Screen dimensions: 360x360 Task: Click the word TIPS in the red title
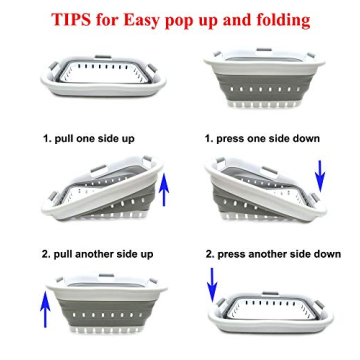click(71, 20)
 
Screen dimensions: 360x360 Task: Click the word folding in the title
click(278, 21)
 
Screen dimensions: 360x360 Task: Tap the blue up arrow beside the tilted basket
click(164, 191)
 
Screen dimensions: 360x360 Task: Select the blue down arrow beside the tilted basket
click(320, 176)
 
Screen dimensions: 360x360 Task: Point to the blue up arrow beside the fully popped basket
click(45, 309)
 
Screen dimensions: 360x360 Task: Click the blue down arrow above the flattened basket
click(212, 283)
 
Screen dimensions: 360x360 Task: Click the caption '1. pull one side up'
click(89, 139)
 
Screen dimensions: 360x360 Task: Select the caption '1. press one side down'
click(262, 139)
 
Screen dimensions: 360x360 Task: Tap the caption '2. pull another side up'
click(98, 254)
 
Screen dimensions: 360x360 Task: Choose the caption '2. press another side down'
click(273, 254)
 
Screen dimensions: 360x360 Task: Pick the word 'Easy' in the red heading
click(141, 21)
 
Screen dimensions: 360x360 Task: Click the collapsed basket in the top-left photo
click(103, 76)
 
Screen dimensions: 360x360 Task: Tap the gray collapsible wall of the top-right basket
click(263, 87)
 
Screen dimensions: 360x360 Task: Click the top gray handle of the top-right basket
click(264, 50)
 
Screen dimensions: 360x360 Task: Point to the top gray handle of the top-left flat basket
click(103, 57)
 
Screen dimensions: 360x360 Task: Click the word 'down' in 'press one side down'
click(306, 139)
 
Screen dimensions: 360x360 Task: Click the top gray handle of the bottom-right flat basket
click(270, 293)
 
